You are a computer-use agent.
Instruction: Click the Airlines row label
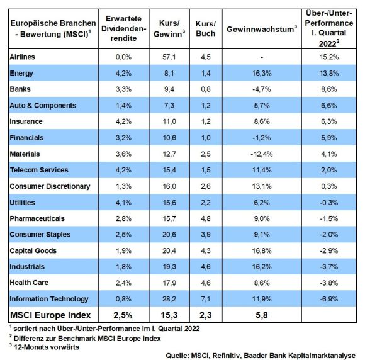pos(23,57)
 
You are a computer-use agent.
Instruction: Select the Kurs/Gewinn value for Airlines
pos(169,57)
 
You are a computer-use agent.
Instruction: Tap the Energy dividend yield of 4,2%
pos(123,73)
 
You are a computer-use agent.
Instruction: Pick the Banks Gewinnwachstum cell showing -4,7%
pos(262,89)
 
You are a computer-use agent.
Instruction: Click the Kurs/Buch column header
pos(206,29)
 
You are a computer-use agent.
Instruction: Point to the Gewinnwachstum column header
pos(262,29)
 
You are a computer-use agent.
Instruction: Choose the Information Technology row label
pos(49,299)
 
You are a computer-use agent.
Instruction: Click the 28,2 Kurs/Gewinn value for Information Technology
pos(169,299)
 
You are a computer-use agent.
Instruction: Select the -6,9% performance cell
pos(329,299)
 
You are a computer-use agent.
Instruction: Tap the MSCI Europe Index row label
pos(50,315)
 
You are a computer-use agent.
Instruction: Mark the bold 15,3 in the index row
pos(169,315)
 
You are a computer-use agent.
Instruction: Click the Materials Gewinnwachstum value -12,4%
pos(262,154)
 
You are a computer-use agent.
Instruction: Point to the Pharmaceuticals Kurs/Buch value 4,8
pos(206,218)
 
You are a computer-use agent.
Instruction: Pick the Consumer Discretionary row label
pos(50,186)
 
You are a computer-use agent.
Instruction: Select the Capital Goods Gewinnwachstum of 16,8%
pos(262,250)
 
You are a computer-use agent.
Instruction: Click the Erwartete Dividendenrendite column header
pos(123,28)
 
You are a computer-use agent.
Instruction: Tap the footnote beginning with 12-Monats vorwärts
pos(46,347)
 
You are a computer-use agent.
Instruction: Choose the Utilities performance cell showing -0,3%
pos(329,203)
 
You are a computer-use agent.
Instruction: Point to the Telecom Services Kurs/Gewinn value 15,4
pos(169,170)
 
